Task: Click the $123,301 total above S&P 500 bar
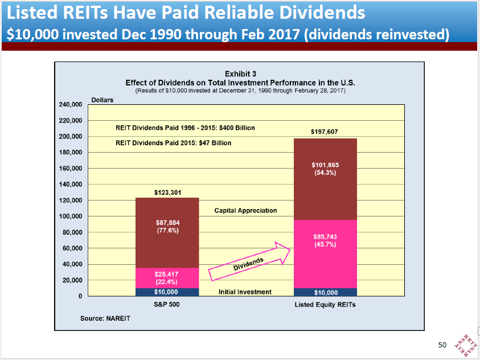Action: coord(167,193)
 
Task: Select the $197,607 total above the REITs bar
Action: coord(325,132)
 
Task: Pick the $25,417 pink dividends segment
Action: coord(167,277)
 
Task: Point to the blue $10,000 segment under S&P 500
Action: coord(167,292)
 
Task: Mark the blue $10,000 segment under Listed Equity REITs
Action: coord(325,292)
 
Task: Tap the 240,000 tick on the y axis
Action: coord(71,105)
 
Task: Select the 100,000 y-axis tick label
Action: coord(71,216)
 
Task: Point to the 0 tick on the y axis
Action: coord(80,297)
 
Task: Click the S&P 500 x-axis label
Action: coord(167,305)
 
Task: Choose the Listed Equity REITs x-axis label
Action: coord(325,305)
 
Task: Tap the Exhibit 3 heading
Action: coord(240,74)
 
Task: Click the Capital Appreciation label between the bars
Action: coord(245,211)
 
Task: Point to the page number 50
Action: coord(442,345)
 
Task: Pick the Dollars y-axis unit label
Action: coord(102,100)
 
